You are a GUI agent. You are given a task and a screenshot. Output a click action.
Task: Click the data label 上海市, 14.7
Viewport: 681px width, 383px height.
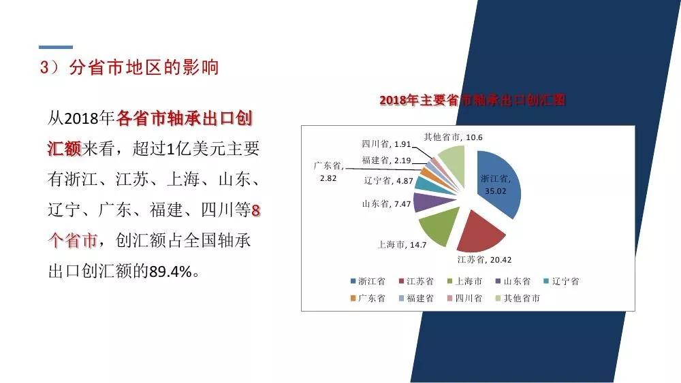[x=402, y=245]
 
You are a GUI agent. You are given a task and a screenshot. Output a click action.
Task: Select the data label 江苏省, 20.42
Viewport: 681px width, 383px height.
[x=484, y=260]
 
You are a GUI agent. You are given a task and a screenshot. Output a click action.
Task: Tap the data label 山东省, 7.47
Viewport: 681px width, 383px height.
[x=387, y=204]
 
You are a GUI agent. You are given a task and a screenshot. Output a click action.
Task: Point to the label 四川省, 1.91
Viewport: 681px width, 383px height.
[x=386, y=144]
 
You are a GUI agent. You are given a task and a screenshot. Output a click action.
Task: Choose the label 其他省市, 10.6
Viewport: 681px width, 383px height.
[x=453, y=137]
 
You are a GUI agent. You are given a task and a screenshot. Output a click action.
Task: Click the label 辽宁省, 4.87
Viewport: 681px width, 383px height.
[x=388, y=181]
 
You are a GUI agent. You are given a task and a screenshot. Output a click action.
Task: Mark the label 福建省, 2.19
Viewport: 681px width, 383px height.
[x=386, y=161]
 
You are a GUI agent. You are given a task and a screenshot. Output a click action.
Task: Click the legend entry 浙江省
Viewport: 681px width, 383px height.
[x=368, y=281]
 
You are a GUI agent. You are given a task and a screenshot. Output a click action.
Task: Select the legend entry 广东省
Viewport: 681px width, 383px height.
[x=368, y=298]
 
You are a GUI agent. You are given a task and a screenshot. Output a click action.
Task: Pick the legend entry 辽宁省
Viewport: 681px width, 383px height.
[x=561, y=281]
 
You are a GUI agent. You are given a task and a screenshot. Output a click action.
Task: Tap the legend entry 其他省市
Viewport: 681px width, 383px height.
[x=518, y=298]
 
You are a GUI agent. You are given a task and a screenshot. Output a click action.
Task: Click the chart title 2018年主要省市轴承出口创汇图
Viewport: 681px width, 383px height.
[x=473, y=100]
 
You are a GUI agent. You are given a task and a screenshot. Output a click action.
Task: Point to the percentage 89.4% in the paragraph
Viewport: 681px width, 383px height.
[x=171, y=271]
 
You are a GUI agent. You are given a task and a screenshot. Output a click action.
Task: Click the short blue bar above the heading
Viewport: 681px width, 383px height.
[x=56, y=47]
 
